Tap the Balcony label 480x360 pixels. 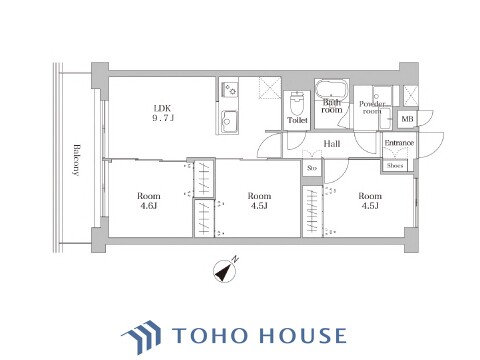click(77, 160)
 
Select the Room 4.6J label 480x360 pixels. click(149, 201)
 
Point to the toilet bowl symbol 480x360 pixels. click(297, 103)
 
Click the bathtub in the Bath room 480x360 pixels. click(332, 89)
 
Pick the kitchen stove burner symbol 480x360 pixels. click(229, 89)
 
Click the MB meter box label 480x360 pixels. click(407, 119)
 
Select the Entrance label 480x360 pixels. click(399, 143)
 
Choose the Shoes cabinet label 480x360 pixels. click(395, 165)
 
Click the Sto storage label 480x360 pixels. click(312, 168)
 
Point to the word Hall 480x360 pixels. click(332, 144)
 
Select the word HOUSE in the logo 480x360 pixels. click(303, 335)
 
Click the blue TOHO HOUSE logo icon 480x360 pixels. click(142, 336)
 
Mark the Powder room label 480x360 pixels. click(372, 107)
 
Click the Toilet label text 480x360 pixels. click(297, 120)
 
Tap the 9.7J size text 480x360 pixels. click(163, 118)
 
